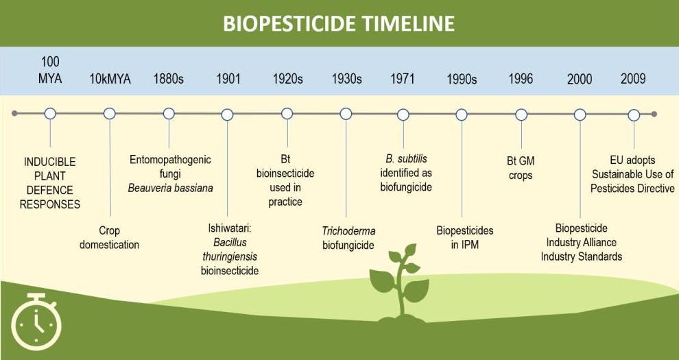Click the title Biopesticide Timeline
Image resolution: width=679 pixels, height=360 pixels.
pyautogui.click(x=339, y=23)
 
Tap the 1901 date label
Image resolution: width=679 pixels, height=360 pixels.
pyautogui.click(x=228, y=79)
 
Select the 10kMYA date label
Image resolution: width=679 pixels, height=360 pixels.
pyautogui.click(x=110, y=79)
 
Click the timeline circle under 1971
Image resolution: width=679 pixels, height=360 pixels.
pyautogui.click(x=403, y=115)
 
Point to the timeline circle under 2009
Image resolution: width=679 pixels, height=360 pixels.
pyautogui.click(x=634, y=115)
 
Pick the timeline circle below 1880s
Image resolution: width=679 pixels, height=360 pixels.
pyautogui.click(x=169, y=114)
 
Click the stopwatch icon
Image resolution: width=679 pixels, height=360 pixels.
pyautogui.click(x=36, y=322)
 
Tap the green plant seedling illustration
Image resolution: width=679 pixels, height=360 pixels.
pyautogui.click(x=399, y=283)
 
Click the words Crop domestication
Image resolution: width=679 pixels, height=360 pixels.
pyautogui.click(x=109, y=237)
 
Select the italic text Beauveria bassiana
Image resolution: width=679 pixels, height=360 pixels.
pyautogui.click(x=171, y=189)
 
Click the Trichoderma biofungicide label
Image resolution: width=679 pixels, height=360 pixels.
pyautogui.click(x=348, y=238)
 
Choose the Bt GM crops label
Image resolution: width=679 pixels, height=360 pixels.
pyautogui.click(x=521, y=168)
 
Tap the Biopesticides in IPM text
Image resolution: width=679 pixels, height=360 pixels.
pyautogui.click(x=464, y=237)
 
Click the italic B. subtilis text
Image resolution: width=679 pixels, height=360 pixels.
pyautogui.click(x=406, y=159)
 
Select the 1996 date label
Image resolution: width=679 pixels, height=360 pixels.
pyautogui.click(x=521, y=79)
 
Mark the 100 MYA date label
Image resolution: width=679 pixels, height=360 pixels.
pyautogui.click(x=50, y=70)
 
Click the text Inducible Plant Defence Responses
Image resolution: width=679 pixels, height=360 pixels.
pyautogui.click(x=50, y=183)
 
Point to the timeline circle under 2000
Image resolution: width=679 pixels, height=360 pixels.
pyautogui.click(x=580, y=115)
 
